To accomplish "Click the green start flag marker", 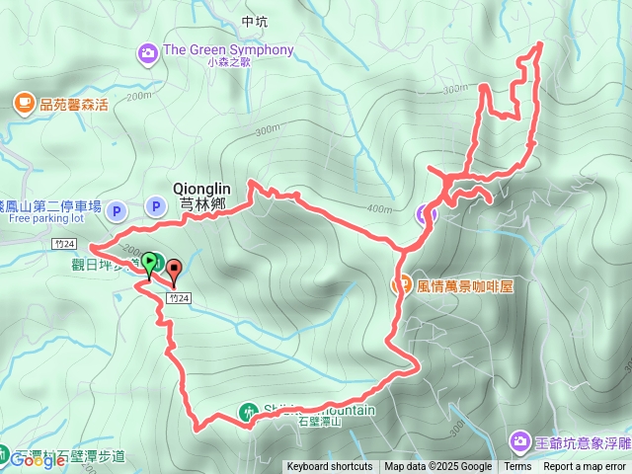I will click(x=149, y=263).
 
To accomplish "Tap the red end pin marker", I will click(x=175, y=268).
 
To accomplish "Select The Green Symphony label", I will click(x=229, y=50).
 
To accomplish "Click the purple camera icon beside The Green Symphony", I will click(x=148, y=51).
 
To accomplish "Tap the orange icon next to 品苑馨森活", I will click(x=23, y=102).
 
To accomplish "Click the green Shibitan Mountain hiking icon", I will click(x=248, y=411).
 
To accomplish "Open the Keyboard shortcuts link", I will click(x=330, y=467).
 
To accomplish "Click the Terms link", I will click(x=517, y=467).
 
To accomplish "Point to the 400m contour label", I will click(x=378, y=208).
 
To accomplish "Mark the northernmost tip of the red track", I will click(x=540, y=44).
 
